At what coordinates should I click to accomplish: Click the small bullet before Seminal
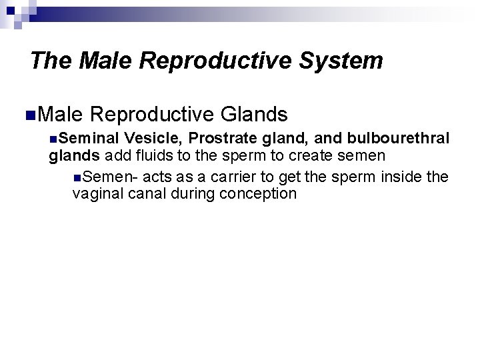[53, 139]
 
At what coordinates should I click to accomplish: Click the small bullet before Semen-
[78, 177]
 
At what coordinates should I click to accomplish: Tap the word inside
[400, 177]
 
